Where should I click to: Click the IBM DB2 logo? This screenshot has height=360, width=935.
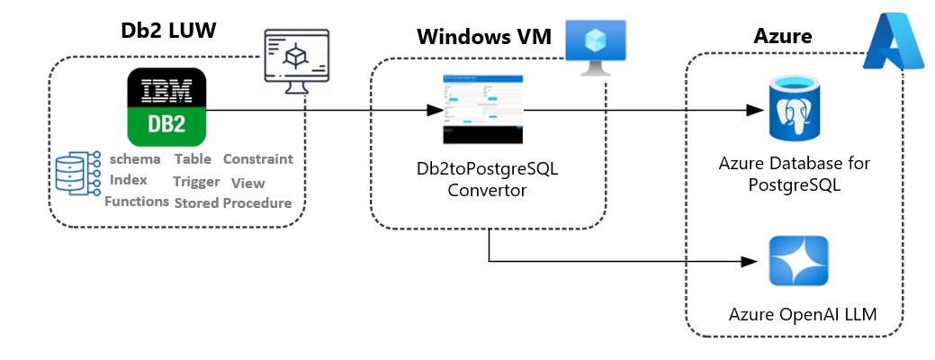(x=166, y=106)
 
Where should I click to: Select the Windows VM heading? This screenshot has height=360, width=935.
(x=484, y=39)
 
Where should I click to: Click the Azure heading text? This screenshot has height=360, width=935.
(x=782, y=36)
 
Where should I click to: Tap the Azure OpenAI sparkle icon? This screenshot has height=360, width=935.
(x=798, y=261)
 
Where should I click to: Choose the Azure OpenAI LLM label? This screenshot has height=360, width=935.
(x=802, y=315)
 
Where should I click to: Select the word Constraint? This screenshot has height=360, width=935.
(x=257, y=159)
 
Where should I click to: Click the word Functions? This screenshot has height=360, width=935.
(x=137, y=202)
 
